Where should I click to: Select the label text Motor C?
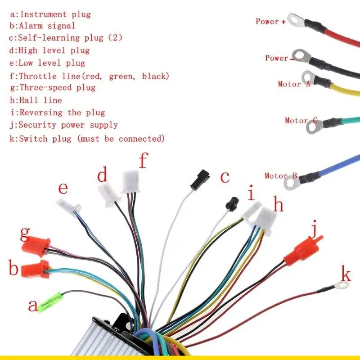(301, 121)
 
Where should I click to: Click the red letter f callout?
(143, 161)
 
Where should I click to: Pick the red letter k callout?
(346, 273)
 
